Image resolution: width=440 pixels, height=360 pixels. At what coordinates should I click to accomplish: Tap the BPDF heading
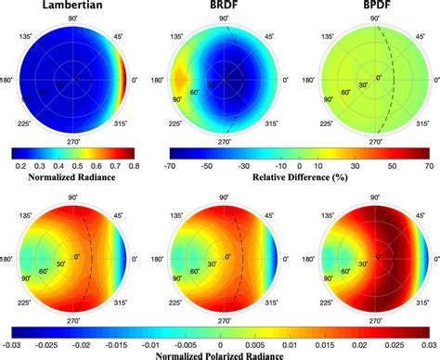[x=375, y=8]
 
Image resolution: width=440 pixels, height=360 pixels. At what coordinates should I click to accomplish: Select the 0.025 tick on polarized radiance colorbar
[x=395, y=341]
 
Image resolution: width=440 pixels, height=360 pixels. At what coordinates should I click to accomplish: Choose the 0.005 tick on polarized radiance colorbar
[x=256, y=341]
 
